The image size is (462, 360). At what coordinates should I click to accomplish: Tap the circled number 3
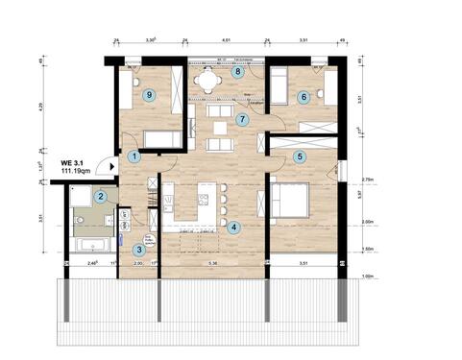coord(140,250)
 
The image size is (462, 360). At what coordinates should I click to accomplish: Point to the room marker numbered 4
coord(235,228)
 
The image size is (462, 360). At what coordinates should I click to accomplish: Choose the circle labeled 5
coord(300,156)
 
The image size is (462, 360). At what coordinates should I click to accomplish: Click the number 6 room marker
coord(304,96)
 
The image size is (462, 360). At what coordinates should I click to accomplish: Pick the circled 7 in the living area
coord(243,120)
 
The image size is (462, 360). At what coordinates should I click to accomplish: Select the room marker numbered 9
coord(148,95)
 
